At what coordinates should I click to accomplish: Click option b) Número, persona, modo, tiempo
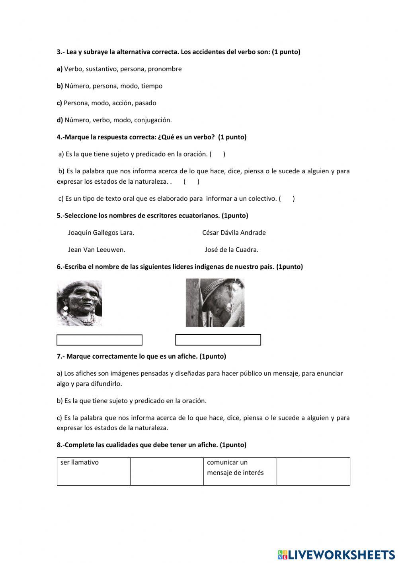(109, 86)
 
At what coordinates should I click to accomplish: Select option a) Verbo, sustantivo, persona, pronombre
(119, 69)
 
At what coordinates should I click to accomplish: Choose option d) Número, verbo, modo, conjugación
(114, 120)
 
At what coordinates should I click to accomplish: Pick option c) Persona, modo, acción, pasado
(106, 103)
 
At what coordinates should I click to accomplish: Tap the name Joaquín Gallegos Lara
(101, 233)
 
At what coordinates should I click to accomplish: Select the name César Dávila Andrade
(234, 233)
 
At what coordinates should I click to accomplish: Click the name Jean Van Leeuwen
(97, 250)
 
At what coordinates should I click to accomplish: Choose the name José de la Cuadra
(231, 250)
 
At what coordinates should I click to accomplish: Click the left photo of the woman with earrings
(79, 303)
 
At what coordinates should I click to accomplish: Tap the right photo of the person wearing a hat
(215, 302)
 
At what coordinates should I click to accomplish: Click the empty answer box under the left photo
(99, 340)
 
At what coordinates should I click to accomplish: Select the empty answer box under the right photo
(218, 340)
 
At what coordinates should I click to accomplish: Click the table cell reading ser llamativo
(94, 471)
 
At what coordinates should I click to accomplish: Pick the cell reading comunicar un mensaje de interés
(240, 471)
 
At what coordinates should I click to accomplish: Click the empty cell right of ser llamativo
(167, 471)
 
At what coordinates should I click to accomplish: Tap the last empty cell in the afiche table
(313, 471)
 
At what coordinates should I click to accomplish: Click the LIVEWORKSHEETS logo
(336, 554)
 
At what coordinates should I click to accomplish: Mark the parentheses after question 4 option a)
(217, 154)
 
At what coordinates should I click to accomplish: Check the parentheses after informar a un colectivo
(287, 199)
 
